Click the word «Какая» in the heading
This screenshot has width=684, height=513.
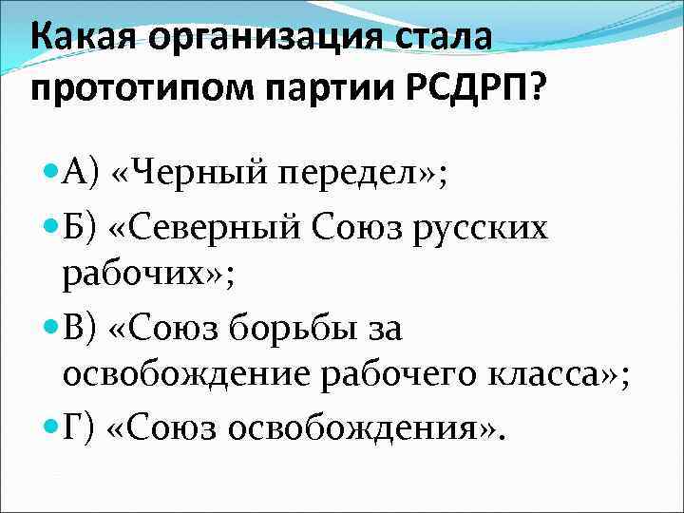pyautogui.click(x=85, y=40)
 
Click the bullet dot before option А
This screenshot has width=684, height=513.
pyautogui.click(x=51, y=172)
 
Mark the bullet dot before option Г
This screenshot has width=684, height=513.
pyautogui.click(x=51, y=428)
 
